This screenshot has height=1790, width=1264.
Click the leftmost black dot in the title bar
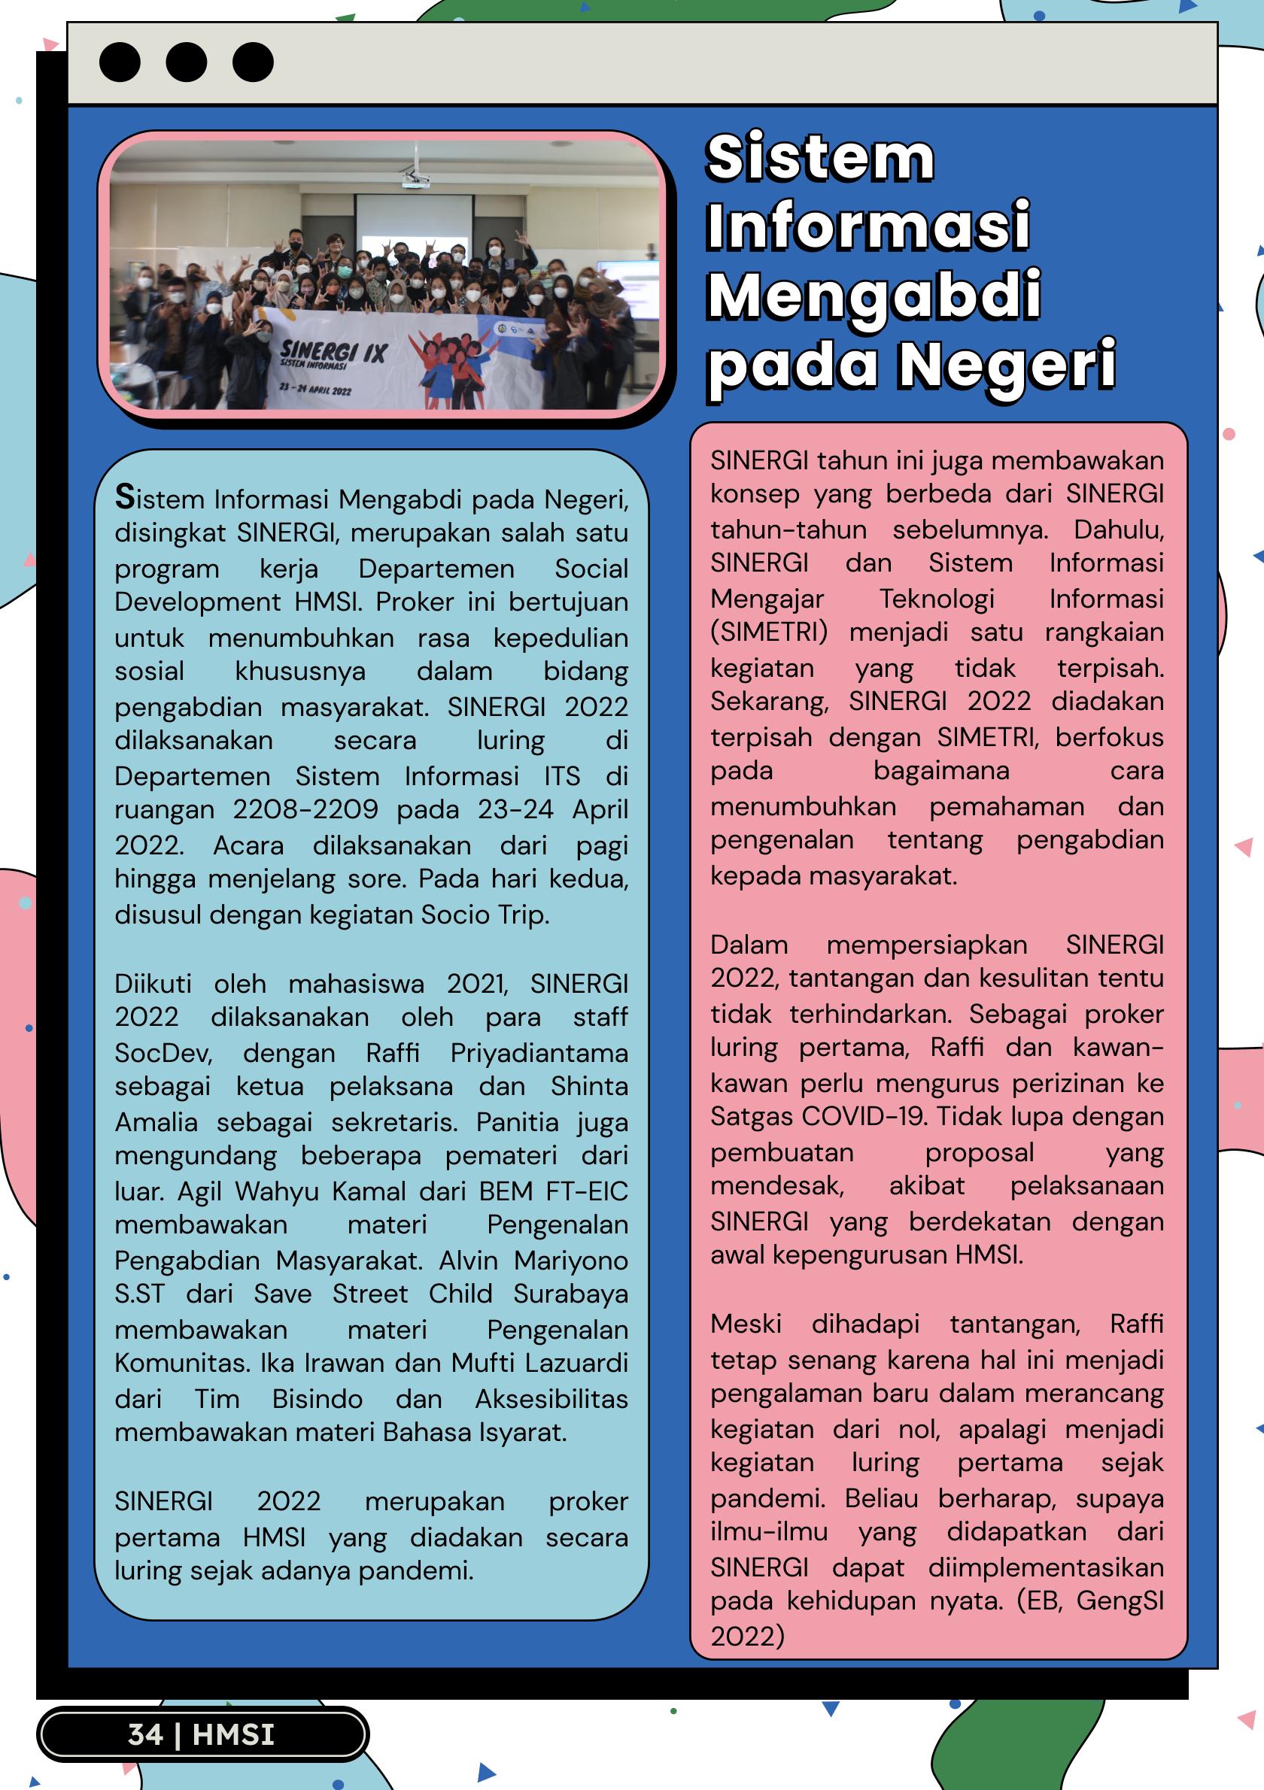coord(120,62)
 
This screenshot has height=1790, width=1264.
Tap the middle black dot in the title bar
coord(187,62)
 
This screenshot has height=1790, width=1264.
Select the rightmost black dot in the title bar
coord(253,62)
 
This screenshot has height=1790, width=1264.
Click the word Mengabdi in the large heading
coord(873,296)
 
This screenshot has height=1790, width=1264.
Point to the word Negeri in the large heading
coord(1007,365)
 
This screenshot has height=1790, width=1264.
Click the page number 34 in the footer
coord(145,1734)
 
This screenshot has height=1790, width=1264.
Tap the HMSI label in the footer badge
coord(233,1734)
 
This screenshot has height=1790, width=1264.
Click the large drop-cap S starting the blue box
coord(125,497)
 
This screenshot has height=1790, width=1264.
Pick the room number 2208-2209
coord(305,810)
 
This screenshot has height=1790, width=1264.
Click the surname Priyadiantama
coord(539,1053)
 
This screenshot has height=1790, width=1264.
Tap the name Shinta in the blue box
coord(588,1087)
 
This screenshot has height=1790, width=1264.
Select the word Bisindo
coord(317,1400)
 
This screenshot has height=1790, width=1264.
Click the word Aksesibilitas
coord(551,1400)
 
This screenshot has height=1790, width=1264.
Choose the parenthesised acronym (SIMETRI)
coord(769,632)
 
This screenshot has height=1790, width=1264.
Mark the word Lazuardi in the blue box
coord(579,1363)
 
